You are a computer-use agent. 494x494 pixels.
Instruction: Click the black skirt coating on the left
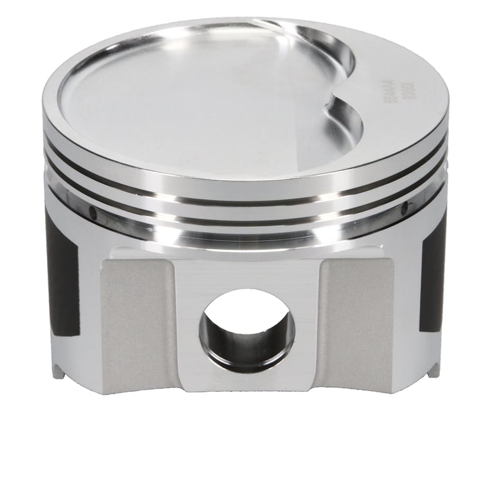64,277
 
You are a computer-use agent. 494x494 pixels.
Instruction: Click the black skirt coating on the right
432,270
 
